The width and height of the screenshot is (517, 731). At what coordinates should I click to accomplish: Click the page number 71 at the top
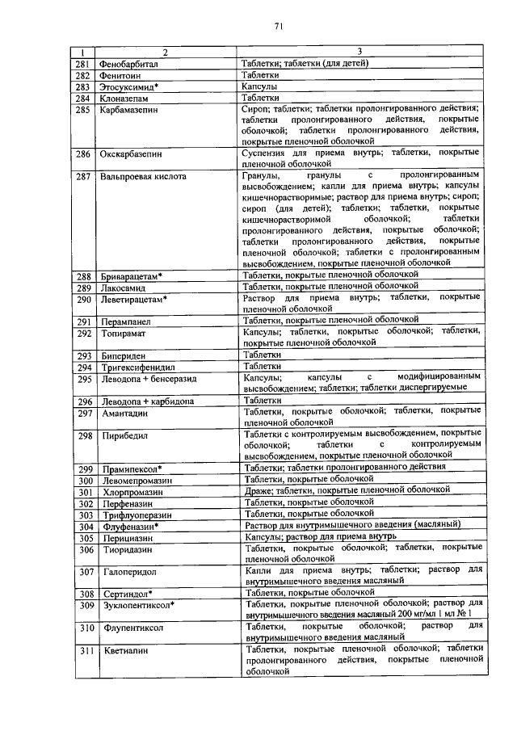276,26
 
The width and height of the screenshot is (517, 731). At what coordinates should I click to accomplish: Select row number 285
82,108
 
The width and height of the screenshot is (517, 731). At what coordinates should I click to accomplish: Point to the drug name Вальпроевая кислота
142,175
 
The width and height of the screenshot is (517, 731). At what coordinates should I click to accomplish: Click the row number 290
82,300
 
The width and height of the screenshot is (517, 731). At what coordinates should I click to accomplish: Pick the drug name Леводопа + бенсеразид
149,379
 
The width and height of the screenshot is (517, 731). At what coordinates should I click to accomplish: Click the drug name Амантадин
125,413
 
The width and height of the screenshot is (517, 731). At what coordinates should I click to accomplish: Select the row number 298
82,436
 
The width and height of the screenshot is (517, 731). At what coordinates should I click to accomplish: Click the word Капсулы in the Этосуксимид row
260,86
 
